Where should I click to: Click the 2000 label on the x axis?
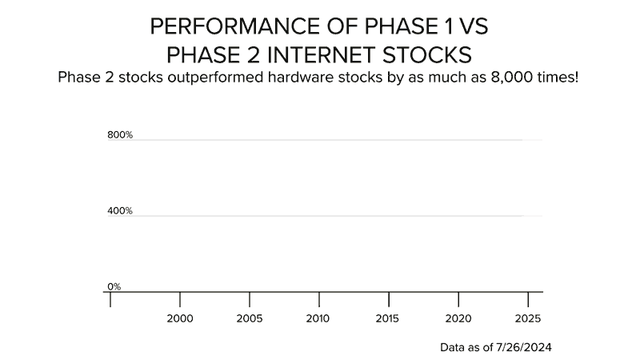(180, 318)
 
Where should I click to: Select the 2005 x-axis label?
(250, 318)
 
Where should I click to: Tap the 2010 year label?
(318, 318)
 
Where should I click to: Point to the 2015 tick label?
(388, 318)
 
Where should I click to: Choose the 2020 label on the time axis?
(458, 318)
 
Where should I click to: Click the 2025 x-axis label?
(527, 318)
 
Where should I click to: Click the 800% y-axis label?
(120, 135)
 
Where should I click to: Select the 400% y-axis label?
(120, 211)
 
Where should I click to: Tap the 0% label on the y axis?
(114, 286)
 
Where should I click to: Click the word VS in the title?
(473, 26)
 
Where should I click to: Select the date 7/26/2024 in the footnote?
(525, 348)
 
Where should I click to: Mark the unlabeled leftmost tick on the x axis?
(110, 299)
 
